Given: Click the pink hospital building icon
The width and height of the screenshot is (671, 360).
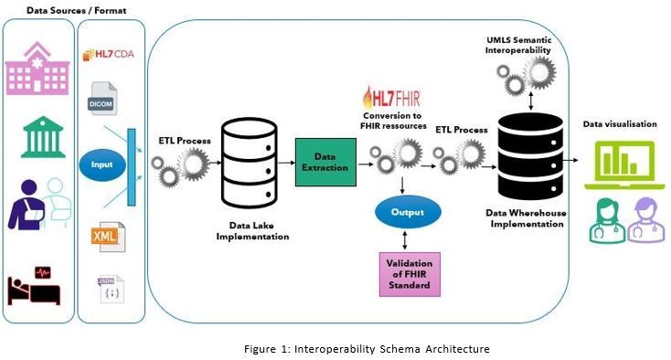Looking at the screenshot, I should pyautogui.click(x=37, y=69).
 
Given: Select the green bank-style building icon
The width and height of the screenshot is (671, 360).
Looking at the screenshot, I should pyautogui.click(x=37, y=136).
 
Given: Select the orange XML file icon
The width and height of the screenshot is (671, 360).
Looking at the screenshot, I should pyautogui.click(x=104, y=236).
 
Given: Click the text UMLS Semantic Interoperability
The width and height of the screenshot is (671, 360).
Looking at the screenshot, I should pyautogui.click(x=518, y=45).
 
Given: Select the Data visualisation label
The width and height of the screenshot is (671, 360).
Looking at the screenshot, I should pyautogui.click(x=620, y=123).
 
